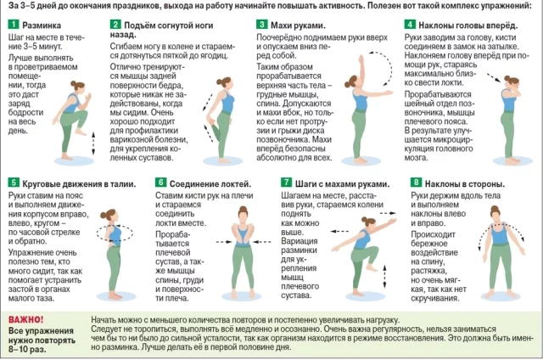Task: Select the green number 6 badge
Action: tap(160, 183)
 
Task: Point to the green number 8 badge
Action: tap(415, 183)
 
